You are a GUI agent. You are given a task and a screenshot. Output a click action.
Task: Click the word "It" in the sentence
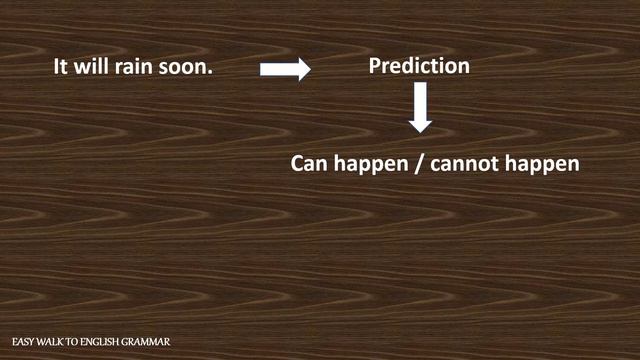pyautogui.click(x=61, y=68)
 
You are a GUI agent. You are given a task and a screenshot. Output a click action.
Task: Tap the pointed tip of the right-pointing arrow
pyautogui.click(x=310, y=68)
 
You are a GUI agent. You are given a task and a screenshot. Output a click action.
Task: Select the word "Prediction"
pyautogui.click(x=419, y=67)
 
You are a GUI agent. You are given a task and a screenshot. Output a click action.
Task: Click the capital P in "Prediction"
pyautogui.click(x=375, y=67)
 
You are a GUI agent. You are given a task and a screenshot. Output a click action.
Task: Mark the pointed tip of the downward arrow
pyautogui.click(x=421, y=131)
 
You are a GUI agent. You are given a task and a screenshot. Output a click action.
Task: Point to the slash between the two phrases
pyautogui.click(x=418, y=163)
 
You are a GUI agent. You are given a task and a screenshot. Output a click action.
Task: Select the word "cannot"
pyautogui.click(x=463, y=162)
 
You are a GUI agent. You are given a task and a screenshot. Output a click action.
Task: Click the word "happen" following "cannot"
pyautogui.click(x=541, y=163)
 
